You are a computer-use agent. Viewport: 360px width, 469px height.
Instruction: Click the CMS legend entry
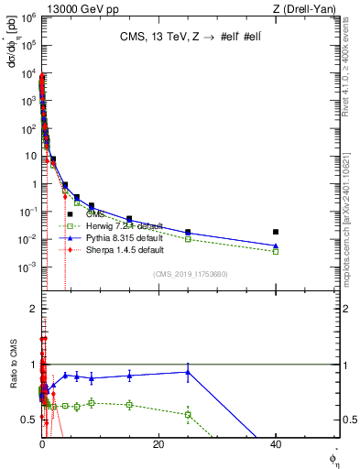[96, 214]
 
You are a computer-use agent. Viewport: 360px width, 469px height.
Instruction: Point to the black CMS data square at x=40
[276, 232]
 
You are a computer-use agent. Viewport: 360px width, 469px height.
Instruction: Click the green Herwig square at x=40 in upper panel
[276, 251]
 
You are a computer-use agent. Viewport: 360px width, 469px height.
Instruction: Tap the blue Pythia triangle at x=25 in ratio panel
[188, 372]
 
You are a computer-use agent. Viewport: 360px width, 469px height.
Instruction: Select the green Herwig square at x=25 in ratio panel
[188, 414]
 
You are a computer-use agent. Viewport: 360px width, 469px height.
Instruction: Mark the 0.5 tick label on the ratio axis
[29, 420]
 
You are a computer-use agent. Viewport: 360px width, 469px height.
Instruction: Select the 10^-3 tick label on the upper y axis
[27, 267]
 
